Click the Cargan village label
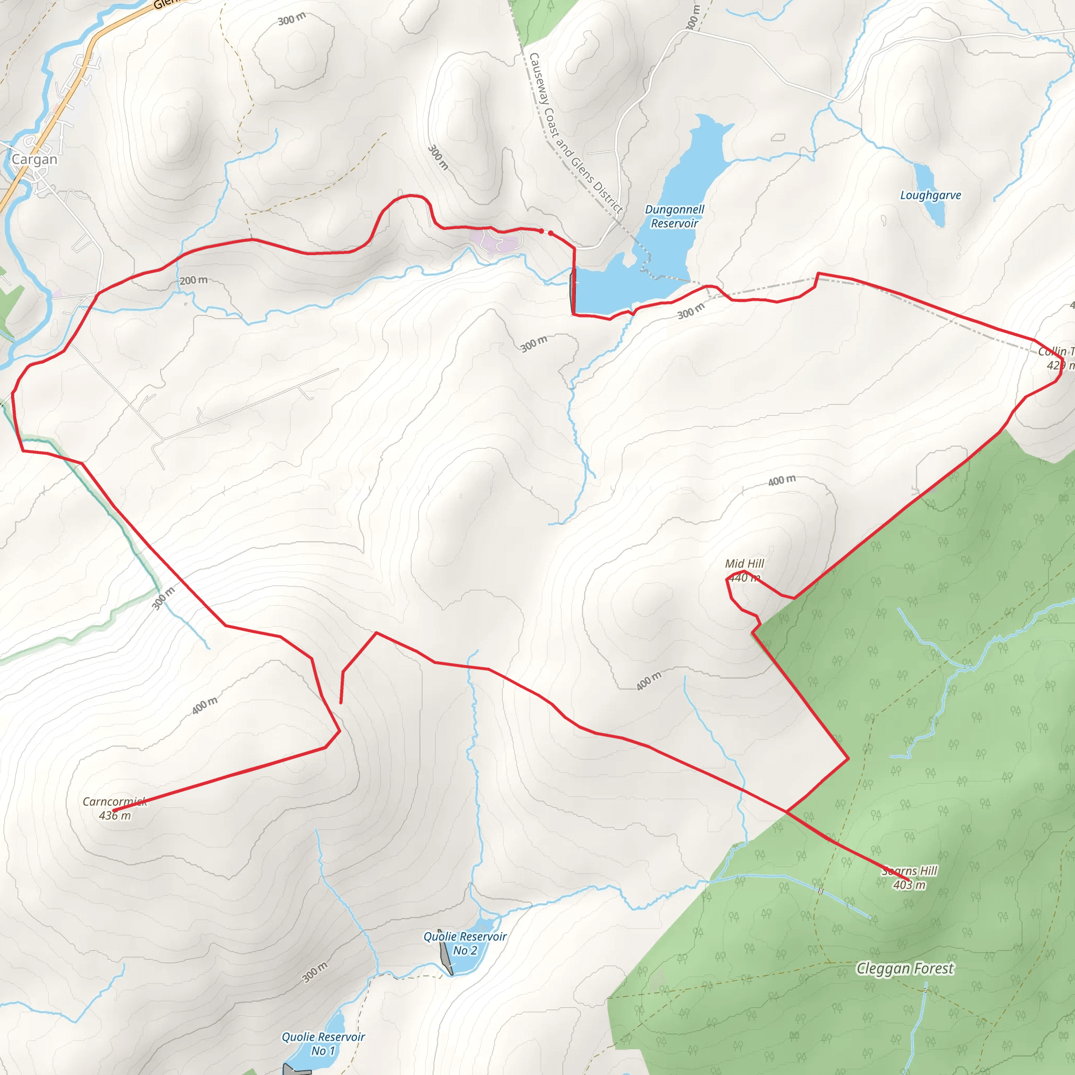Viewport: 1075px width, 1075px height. (x=35, y=160)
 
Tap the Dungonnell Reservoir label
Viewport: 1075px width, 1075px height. (x=674, y=216)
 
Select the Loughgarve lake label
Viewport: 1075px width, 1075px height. (x=930, y=195)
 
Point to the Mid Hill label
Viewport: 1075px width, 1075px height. (x=744, y=564)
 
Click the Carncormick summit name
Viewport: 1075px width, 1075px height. (x=114, y=802)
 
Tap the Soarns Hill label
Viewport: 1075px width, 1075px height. (x=910, y=871)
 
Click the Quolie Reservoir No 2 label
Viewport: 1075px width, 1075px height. (x=465, y=944)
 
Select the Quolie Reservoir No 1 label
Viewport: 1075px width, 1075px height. (x=323, y=1044)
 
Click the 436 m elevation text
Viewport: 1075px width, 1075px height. (x=114, y=816)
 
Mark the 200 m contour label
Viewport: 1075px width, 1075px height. (x=194, y=280)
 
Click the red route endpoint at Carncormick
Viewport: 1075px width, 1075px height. (x=113, y=810)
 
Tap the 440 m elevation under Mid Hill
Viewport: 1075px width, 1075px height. (x=743, y=578)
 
